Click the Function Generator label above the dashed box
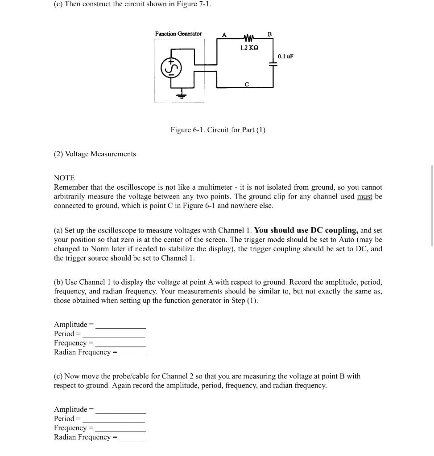(x=178, y=34)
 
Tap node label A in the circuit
(x=224, y=35)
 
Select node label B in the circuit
(x=269, y=34)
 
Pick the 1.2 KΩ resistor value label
(x=248, y=48)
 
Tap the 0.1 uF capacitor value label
(x=285, y=57)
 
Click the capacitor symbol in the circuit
(x=273, y=64)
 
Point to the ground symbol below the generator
(x=182, y=94)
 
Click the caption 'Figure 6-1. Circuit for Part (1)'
(x=218, y=130)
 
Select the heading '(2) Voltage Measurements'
(x=95, y=154)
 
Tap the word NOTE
(x=64, y=178)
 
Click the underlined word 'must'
(x=364, y=196)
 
